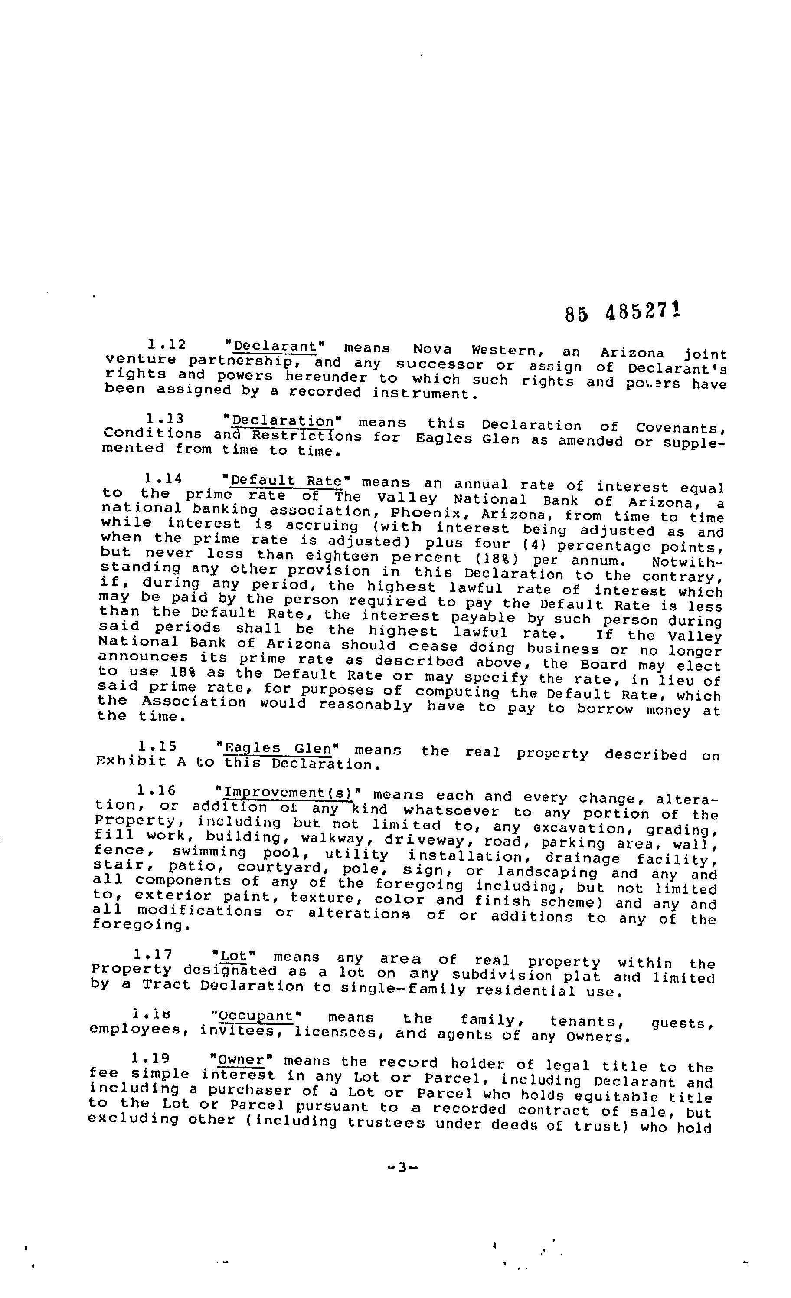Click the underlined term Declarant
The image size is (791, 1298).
click(x=275, y=347)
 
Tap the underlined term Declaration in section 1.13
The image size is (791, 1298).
click(x=283, y=421)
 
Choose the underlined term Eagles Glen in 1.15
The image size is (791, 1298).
click(x=278, y=748)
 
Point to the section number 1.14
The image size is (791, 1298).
click(x=163, y=479)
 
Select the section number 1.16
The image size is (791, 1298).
click(x=156, y=791)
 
